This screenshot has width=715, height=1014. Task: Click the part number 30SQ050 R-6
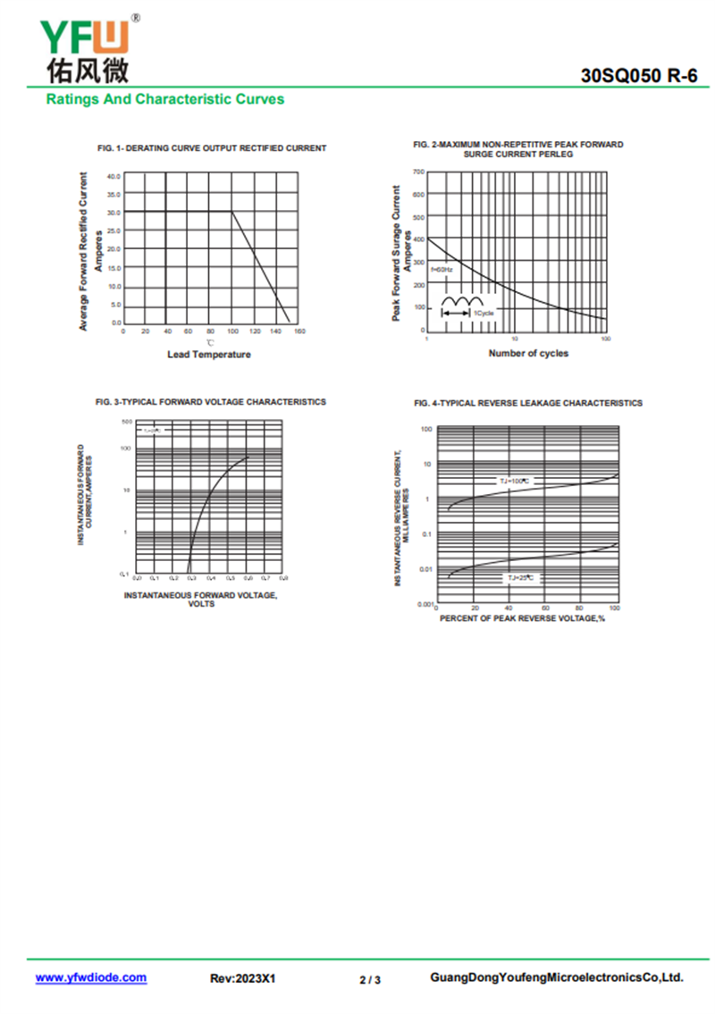tap(638, 77)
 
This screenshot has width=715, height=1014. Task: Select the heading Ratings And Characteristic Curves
tap(165, 99)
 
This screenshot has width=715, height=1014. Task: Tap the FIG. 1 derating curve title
tap(212, 148)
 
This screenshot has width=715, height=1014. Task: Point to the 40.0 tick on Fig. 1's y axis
tap(114, 177)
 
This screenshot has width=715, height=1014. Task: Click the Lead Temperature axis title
tap(209, 355)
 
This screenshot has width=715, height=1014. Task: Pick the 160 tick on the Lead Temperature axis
tap(299, 331)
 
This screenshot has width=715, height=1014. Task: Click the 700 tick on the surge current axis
tap(418, 172)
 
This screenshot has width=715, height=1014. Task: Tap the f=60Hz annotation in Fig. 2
tap(442, 269)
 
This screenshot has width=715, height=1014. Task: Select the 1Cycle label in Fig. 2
tap(484, 314)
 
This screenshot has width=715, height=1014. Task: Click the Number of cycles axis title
tap(528, 353)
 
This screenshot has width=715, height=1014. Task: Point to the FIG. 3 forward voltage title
tap(211, 403)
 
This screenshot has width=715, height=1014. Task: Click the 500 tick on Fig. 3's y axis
tap(127, 421)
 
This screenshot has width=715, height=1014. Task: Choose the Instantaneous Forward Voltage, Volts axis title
tap(201, 599)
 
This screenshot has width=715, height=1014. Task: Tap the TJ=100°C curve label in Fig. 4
tap(515, 481)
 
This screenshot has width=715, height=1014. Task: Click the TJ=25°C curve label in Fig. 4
tap(521, 578)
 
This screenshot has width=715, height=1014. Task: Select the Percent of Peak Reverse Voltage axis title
tap(523, 618)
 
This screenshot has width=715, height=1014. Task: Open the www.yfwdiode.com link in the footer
tap(91, 978)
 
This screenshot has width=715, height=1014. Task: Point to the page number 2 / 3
tap(370, 980)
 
